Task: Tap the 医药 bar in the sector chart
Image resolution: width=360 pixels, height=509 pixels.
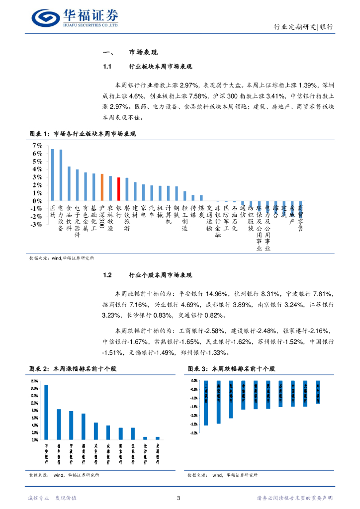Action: (53, 174)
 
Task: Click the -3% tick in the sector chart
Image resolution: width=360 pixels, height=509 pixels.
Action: (36, 225)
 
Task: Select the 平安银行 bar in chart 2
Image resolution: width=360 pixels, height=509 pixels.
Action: (46, 412)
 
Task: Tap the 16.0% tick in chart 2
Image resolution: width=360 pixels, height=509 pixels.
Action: (34, 381)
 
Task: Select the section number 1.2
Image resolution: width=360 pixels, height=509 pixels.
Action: (107, 275)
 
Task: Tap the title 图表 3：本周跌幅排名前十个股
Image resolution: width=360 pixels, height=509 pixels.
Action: (231, 369)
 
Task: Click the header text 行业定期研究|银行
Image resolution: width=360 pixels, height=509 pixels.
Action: (304, 27)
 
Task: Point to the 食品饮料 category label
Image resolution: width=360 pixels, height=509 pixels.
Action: (69, 217)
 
